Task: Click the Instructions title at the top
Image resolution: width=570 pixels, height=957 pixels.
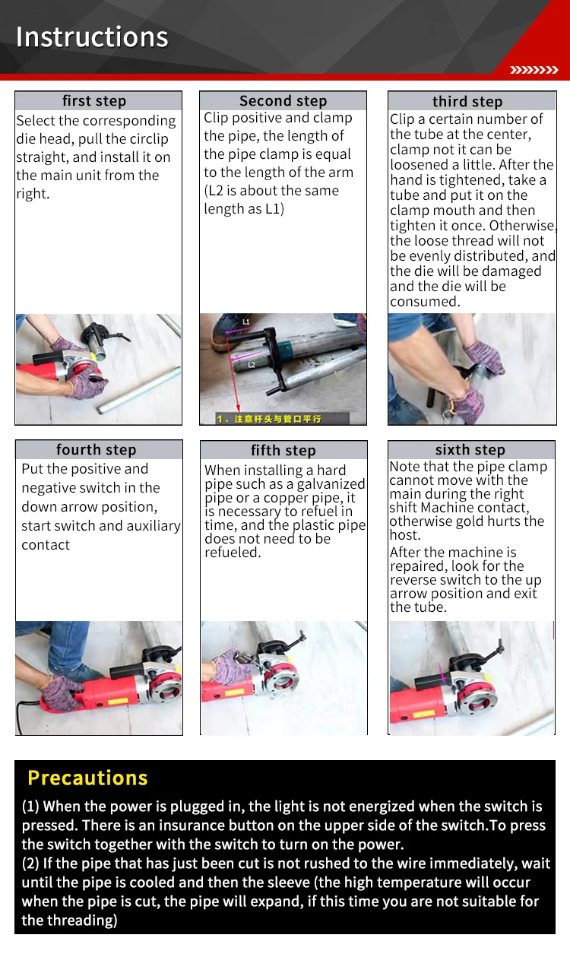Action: [92, 36]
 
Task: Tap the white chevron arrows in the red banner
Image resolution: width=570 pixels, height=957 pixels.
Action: [534, 70]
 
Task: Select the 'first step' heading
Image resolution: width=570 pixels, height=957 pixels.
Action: [94, 101]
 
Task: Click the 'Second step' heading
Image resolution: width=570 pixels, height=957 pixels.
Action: [283, 101]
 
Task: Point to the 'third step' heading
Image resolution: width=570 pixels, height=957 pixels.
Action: [467, 102]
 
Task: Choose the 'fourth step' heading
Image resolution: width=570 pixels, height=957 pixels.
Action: [96, 449]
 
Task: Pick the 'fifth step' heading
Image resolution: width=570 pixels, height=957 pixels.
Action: [283, 450]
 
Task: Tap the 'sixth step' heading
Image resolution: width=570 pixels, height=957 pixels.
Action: [470, 449]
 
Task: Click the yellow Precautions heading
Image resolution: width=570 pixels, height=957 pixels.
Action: [87, 778]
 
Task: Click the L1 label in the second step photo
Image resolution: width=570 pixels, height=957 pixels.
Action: [246, 322]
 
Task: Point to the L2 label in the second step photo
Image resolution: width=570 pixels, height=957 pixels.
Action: [252, 364]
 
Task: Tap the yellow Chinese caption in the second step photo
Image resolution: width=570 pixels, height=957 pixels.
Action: [269, 419]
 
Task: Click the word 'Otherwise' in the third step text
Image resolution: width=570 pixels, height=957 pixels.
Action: [522, 225]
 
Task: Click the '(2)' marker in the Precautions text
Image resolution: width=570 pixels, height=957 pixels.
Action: [30, 864]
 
